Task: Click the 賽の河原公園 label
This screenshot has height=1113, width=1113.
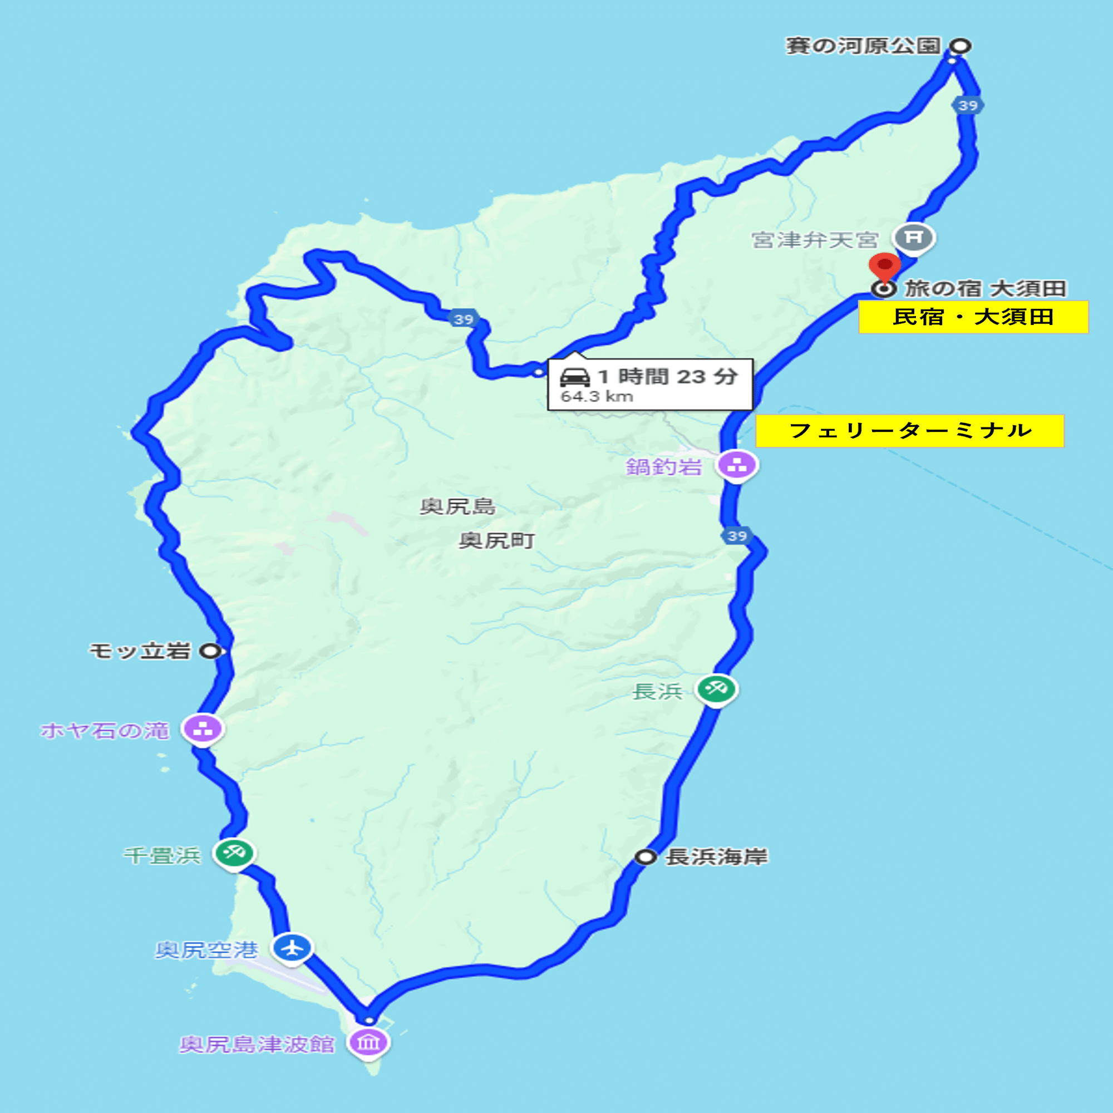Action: (863, 46)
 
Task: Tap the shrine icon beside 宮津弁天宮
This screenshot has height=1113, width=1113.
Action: (914, 237)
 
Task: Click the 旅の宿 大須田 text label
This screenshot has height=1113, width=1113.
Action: (985, 288)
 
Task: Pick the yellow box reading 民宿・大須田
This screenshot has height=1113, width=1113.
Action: (973, 317)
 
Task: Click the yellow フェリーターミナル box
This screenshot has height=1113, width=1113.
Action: (910, 430)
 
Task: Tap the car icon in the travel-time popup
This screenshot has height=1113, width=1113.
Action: (575, 377)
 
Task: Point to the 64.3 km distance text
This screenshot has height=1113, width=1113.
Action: (597, 396)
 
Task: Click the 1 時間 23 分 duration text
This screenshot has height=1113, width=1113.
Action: (668, 377)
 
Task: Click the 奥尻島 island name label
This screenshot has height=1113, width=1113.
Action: (457, 506)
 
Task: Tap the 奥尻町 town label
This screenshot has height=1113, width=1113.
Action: (496, 540)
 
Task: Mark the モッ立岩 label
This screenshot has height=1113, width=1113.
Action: (140, 651)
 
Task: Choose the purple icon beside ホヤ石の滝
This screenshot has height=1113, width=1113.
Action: (203, 729)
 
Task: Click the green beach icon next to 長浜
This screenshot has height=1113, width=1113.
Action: (716, 688)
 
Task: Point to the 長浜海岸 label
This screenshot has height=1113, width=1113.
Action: (717, 856)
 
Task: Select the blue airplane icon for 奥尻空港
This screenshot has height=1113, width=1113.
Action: (292, 947)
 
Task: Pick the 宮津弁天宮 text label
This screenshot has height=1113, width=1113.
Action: (815, 240)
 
